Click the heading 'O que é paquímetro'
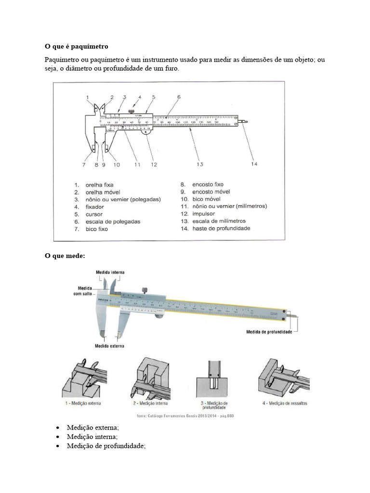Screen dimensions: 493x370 point(77,46)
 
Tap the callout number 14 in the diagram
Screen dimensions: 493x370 point(254,164)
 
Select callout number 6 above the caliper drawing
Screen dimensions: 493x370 point(178,97)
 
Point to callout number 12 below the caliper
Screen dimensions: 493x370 point(154,164)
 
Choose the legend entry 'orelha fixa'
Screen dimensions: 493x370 point(100,184)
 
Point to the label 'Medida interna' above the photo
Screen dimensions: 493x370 point(110,272)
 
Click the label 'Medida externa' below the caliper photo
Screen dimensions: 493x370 point(109,346)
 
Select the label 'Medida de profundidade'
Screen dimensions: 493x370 point(269,332)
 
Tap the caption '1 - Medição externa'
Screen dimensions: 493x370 point(84,402)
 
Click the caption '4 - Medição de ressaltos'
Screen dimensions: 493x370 point(285,402)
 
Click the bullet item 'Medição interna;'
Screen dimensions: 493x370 point(92,437)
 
